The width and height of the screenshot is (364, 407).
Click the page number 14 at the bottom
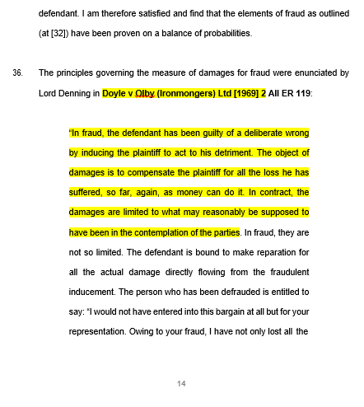coord(182,383)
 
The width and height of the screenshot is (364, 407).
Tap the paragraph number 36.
coord(17,73)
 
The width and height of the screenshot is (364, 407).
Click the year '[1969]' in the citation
coord(243,92)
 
